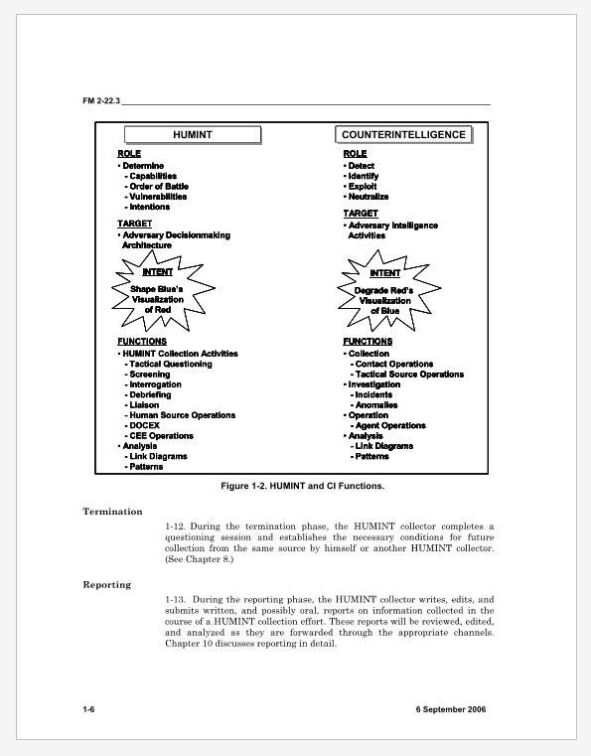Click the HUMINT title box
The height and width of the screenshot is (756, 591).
193,135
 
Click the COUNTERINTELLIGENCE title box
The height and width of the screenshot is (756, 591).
403,135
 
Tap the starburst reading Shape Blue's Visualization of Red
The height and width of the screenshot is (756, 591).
158,290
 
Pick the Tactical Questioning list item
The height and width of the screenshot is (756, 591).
170,364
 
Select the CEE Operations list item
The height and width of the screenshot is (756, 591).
161,435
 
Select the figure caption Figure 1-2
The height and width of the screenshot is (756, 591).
302,487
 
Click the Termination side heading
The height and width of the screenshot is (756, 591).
112,512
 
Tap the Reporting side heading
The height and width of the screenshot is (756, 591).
106,585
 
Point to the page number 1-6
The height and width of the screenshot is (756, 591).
89,709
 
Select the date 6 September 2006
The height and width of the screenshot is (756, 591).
452,709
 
